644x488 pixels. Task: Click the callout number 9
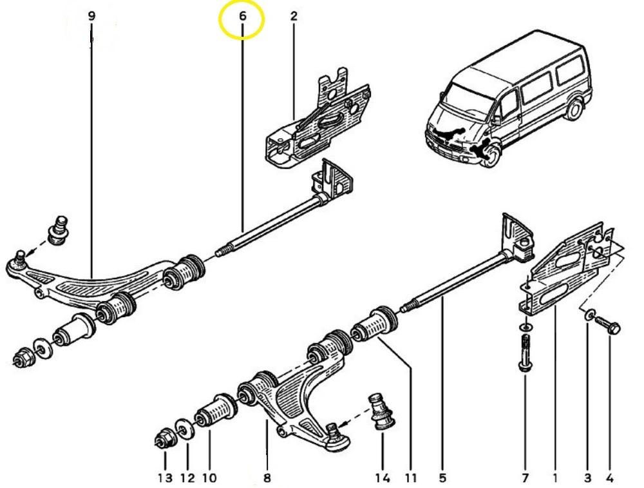tap(91, 15)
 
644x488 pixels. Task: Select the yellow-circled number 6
tap(242, 15)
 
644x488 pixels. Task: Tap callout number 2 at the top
tap(294, 15)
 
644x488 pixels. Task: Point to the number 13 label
tap(165, 478)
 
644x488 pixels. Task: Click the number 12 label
tap(187, 478)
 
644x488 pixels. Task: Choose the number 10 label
tap(209, 478)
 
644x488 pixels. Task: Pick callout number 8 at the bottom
tap(267, 478)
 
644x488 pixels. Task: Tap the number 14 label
tap(382, 478)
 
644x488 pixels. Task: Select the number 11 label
tap(411, 478)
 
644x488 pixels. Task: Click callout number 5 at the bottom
tap(442, 478)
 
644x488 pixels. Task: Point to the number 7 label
tap(525, 478)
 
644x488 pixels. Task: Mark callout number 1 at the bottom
tap(554, 478)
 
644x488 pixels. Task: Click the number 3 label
tap(587, 478)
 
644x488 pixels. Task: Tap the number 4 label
tap(609, 478)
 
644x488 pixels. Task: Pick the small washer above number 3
tap(589, 315)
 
